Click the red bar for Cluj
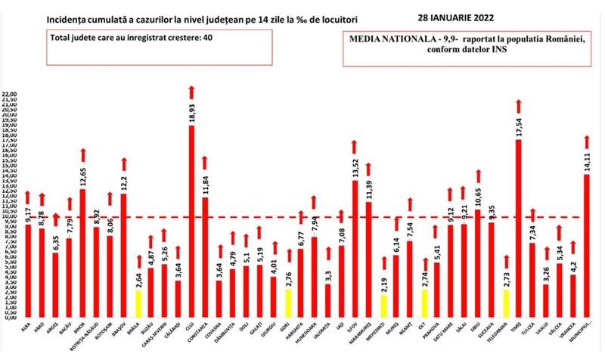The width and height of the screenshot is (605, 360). (191, 219)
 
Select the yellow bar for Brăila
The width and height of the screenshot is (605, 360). (137, 303)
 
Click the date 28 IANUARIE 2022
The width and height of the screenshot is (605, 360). (480, 15)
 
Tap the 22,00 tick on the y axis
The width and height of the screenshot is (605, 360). (10, 95)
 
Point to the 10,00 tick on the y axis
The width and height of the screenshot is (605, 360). (10, 218)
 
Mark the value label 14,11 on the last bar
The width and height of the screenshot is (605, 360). (587, 162)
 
